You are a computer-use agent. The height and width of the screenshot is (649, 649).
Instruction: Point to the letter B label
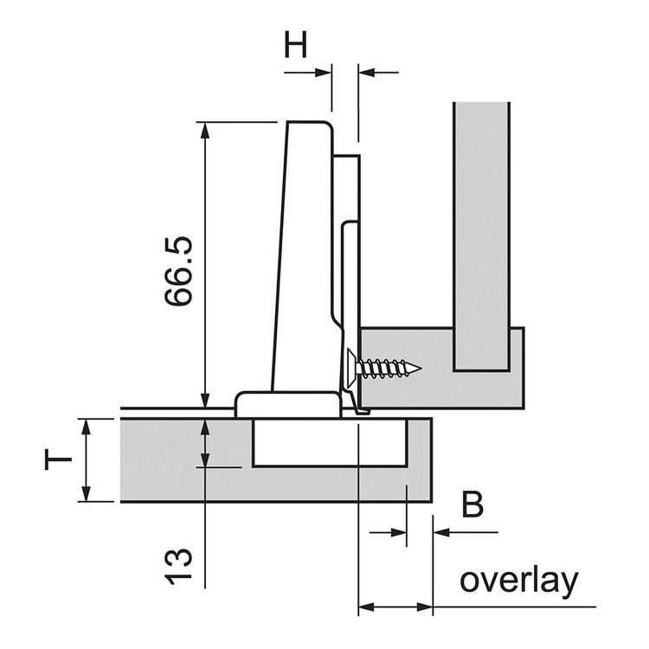(472, 504)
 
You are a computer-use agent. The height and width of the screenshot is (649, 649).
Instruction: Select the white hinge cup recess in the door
(329, 443)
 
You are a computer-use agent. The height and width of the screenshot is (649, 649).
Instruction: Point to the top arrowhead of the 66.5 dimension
(205, 130)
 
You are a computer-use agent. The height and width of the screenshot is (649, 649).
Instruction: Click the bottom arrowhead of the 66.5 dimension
(205, 400)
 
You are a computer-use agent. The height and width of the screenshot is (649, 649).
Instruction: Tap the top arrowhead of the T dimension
(86, 425)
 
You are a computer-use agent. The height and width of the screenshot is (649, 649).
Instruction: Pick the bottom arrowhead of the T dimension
(86, 494)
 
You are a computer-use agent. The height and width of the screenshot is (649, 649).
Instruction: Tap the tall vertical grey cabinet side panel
(481, 234)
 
